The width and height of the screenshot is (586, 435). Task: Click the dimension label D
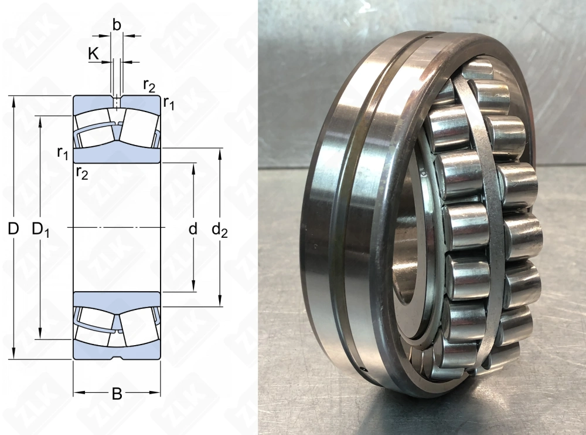pos(13,228)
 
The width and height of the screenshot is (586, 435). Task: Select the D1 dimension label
pos(40,228)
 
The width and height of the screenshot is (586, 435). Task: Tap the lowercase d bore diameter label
pos(193,228)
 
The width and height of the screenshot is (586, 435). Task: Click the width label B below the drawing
pos(117,393)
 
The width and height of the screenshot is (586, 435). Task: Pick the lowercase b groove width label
pos(117,25)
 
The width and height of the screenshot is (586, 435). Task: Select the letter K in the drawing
pos(93,53)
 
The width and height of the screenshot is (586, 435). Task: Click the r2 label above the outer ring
pos(149,86)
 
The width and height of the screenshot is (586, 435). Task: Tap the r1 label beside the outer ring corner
pos(169,104)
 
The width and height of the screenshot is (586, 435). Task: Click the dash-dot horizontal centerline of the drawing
pos(117,227)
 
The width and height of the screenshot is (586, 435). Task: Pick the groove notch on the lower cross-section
pos(117,356)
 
